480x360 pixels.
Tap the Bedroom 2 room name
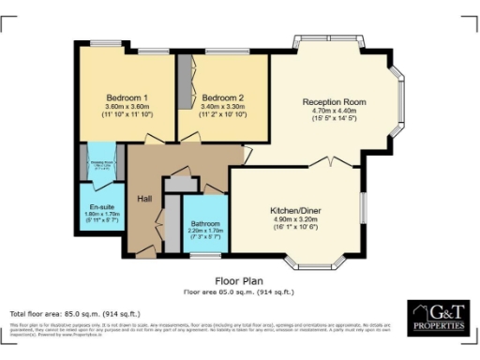222,98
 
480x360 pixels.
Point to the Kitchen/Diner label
297,212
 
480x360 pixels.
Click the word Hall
144,198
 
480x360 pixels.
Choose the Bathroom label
205,224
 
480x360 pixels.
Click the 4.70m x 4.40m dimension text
333,112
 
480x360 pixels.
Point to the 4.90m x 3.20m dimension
297,221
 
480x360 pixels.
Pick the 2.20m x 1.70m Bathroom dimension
205,232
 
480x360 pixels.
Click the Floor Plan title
240,279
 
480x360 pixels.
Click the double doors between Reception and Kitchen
331,162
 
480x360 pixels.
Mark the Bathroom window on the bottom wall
205,254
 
